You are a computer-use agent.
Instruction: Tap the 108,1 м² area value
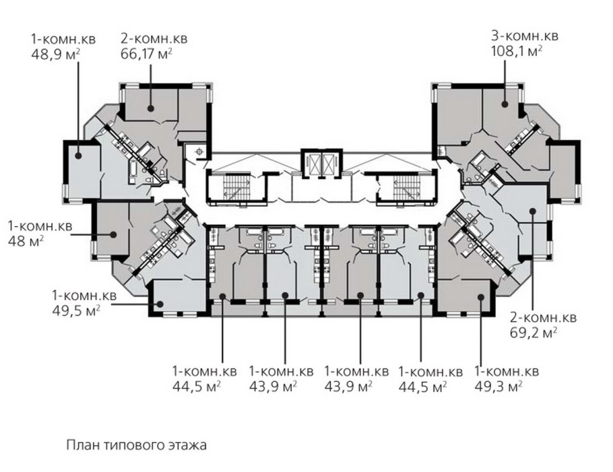coord(517,50)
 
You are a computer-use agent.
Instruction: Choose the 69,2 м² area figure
coord(533,332)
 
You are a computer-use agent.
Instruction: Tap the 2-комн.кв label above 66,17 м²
coord(154,38)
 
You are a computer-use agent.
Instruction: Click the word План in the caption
coord(79,445)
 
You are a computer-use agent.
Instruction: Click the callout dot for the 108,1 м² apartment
coord(503,104)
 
